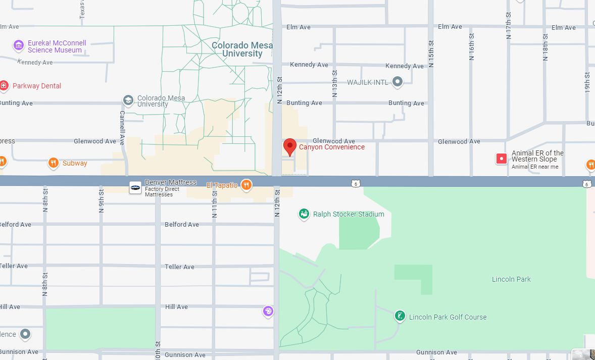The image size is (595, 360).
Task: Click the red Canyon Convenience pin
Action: click(289, 146)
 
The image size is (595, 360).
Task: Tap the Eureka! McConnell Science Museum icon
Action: click(19, 46)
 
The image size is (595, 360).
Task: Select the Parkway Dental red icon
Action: click(4, 86)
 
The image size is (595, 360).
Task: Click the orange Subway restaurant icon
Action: click(53, 163)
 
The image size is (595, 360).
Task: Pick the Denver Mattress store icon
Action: click(135, 187)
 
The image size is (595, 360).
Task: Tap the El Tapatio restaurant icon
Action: click(246, 185)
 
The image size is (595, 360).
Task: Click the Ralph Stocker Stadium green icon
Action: click(304, 214)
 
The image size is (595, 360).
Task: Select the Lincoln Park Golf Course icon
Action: click(400, 317)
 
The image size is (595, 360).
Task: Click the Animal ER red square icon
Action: click(501, 159)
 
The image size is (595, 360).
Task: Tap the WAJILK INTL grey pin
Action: click(398, 81)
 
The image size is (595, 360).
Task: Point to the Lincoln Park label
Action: click(511, 279)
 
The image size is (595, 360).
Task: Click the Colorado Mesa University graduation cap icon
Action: click(128, 100)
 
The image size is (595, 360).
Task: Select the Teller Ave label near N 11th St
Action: click(179, 267)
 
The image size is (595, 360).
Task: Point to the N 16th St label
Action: click(472, 47)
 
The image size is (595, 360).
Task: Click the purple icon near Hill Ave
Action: click(268, 311)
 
